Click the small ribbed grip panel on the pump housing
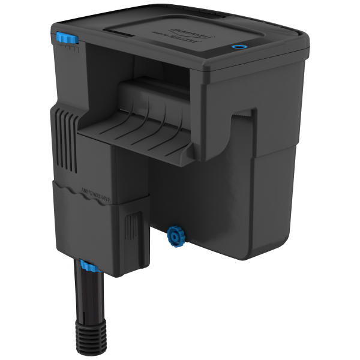click(130, 231)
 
